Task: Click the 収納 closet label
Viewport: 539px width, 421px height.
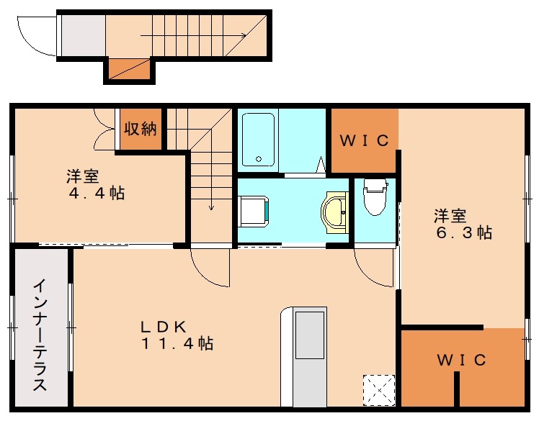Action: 141,130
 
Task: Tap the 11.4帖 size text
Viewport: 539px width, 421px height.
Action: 177,343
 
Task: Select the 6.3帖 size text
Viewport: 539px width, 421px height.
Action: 463,233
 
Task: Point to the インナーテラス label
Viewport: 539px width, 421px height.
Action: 40,335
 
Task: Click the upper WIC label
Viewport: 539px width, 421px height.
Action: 364,141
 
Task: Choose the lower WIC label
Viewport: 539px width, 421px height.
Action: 461,360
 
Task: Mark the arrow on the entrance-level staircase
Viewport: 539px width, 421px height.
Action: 195,35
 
